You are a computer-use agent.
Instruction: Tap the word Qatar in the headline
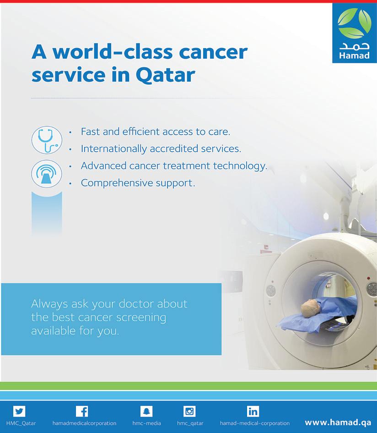166,75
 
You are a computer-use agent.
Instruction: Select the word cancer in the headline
213,52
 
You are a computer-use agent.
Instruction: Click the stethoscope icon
47,140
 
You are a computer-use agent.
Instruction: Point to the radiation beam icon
47,174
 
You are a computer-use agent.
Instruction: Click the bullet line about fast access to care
156,132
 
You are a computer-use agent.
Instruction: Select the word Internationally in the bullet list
114,148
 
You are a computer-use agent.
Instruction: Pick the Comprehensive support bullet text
138,183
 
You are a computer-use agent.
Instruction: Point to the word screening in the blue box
141,318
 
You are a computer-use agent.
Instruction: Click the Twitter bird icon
19,411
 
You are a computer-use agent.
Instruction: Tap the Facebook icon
82,411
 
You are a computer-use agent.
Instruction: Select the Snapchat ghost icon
146,411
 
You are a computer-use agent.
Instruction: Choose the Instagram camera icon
189,411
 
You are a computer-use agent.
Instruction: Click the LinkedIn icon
253,411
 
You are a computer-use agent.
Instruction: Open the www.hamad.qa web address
338,422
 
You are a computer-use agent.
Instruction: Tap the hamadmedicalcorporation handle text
84,423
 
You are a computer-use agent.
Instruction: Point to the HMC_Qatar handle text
21,423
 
